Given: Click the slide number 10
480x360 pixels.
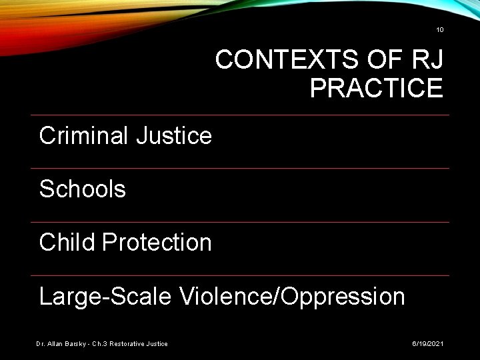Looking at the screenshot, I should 439,30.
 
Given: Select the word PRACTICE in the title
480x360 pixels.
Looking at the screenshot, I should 376,87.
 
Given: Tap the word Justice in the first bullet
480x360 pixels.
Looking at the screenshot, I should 173,136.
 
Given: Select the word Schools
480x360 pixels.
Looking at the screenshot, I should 83,189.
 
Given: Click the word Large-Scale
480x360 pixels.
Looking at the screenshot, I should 103,296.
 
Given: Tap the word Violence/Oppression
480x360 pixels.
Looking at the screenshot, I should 291,296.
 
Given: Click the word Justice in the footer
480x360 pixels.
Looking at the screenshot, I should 158,343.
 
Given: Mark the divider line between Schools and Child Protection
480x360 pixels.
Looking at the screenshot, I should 240,222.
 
